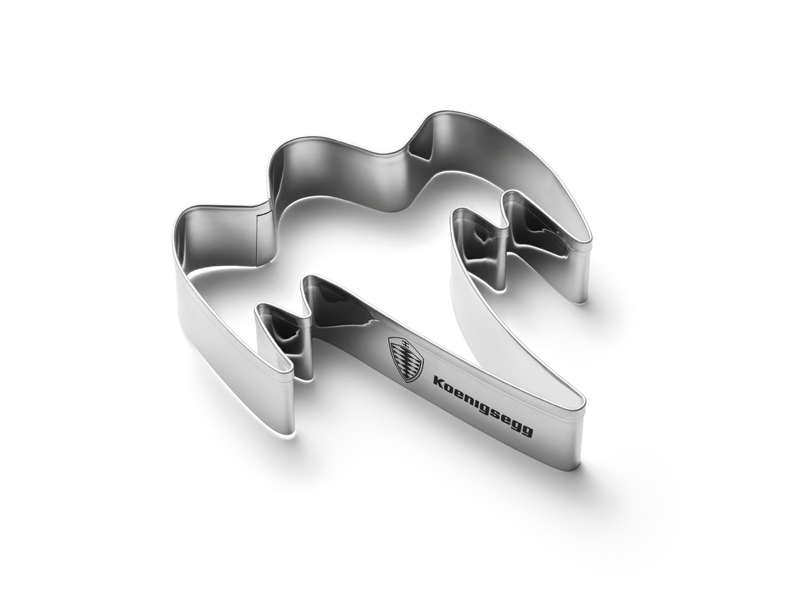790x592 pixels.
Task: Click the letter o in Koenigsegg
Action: pos(450,387)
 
